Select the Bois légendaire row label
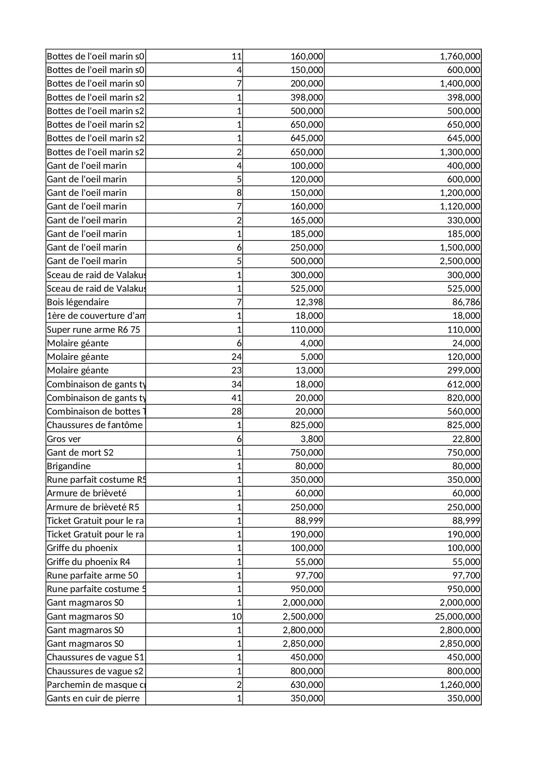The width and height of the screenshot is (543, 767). (78, 302)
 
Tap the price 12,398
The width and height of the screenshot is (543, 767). (309, 302)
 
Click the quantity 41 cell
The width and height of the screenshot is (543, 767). (236, 398)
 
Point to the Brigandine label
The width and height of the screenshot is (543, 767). (69, 466)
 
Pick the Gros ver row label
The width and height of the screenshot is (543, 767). (64, 439)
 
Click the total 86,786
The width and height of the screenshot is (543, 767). (466, 302)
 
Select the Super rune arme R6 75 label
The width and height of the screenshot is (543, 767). (93, 330)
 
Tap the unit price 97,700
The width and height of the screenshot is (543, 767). (309, 575)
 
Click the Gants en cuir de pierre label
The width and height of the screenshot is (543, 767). (93, 698)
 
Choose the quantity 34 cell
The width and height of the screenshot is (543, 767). (236, 384)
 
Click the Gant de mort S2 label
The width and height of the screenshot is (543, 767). (80, 453)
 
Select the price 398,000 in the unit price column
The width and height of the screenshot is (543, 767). (307, 98)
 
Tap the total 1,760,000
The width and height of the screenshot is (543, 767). (460, 56)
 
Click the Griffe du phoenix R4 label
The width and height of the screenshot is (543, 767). (88, 562)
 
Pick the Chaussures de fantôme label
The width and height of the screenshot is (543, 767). (95, 425)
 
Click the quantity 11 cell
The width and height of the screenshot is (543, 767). (236, 56)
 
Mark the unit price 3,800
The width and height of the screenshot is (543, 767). (312, 439)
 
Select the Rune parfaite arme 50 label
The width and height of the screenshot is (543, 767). (92, 575)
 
